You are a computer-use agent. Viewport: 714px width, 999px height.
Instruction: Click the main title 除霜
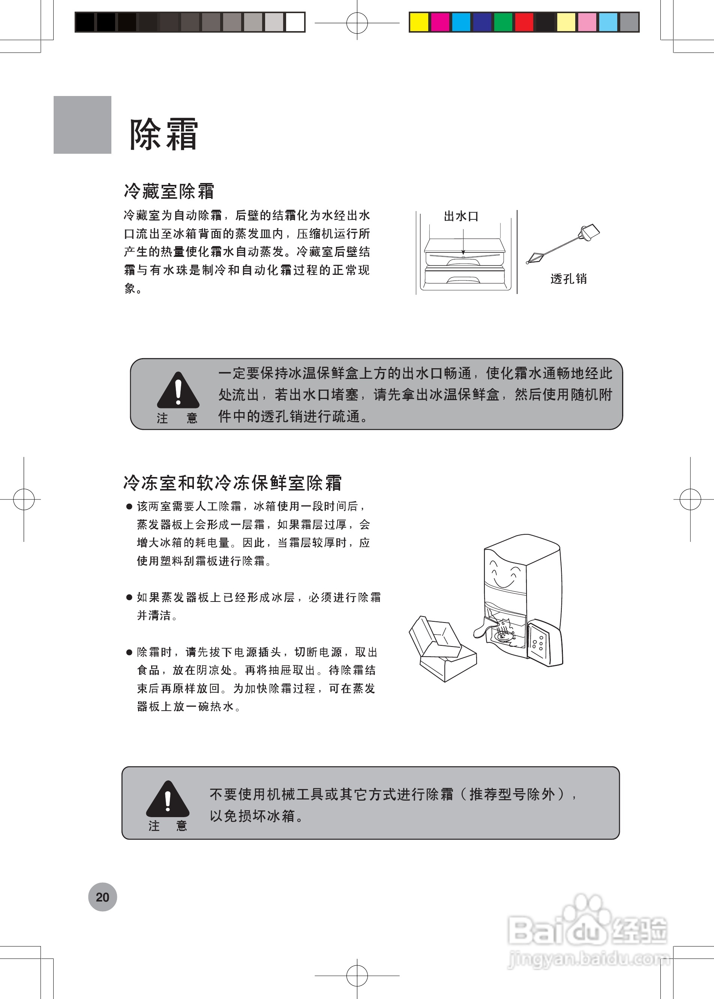163,134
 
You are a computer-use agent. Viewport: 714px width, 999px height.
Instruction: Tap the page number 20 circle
102,897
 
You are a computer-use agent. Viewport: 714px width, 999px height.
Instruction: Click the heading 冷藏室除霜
169,191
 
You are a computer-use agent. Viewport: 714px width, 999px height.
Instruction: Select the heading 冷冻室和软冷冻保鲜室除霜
232,482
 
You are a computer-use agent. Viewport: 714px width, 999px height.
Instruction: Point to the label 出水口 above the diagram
460,216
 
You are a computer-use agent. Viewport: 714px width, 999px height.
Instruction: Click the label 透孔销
568,278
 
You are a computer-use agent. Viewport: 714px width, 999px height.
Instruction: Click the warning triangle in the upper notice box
178,391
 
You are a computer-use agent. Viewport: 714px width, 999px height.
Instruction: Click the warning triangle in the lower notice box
168,800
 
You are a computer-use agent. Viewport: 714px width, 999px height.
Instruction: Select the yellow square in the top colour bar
418,22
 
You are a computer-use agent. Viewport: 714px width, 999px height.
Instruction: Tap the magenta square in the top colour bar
439,22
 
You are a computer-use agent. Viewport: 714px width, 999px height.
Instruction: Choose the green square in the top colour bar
503,22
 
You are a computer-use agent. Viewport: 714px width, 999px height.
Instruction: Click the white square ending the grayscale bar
295,22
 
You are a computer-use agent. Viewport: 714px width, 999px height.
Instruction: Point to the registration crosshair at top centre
357,23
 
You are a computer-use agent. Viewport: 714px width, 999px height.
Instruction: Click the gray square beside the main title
82,125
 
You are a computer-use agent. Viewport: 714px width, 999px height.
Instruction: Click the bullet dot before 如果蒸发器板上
129,597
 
